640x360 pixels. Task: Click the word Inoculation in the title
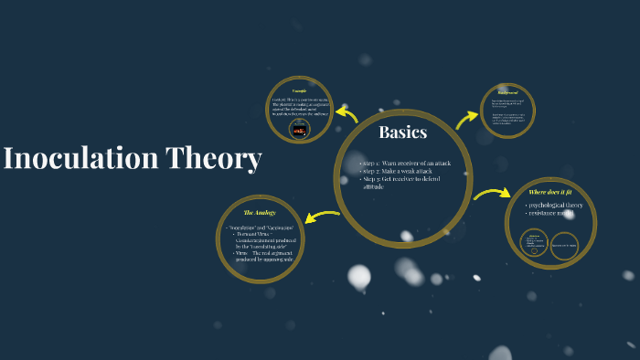coord(80,158)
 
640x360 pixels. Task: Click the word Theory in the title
coord(214,158)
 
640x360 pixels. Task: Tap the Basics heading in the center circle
coord(403,132)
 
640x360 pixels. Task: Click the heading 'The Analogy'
coord(260,212)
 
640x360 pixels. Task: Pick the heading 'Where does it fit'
coord(549,192)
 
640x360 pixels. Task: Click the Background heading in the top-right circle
coord(507,92)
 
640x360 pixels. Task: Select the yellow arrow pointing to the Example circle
coord(347,113)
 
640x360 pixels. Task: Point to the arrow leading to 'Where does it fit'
coord(492,194)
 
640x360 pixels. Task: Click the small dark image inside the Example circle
coord(299,130)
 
